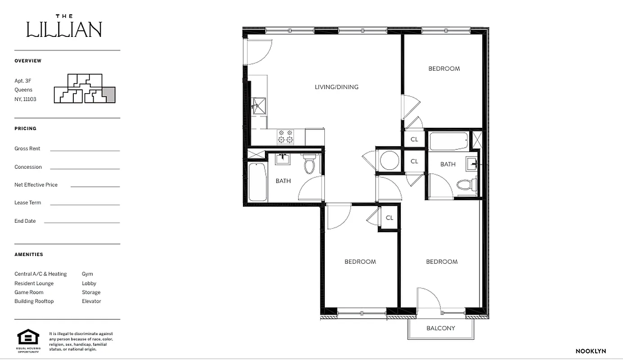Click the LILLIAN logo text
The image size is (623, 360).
[x=64, y=29]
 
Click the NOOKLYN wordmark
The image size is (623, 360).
[x=591, y=351]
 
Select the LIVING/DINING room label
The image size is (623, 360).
[x=336, y=87]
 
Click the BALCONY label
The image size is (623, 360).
[x=440, y=328]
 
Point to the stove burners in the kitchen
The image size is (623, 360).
[x=285, y=137]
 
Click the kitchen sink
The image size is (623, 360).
[x=258, y=106]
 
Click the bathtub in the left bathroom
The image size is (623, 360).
[x=257, y=182]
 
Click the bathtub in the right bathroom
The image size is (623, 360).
[x=448, y=141]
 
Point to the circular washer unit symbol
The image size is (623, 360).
[x=389, y=160]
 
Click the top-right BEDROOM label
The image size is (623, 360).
[x=444, y=68]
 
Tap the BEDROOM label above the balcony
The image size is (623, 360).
[x=442, y=261]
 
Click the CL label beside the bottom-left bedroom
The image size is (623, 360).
[x=390, y=218]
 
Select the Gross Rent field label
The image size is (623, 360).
[x=27, y=148]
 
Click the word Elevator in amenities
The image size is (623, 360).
[x=91, y=301]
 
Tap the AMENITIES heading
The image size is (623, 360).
[x=29, y=254]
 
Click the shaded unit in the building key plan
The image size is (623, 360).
[x=108, y=95]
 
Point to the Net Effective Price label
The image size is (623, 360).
[x=36, y=184]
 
